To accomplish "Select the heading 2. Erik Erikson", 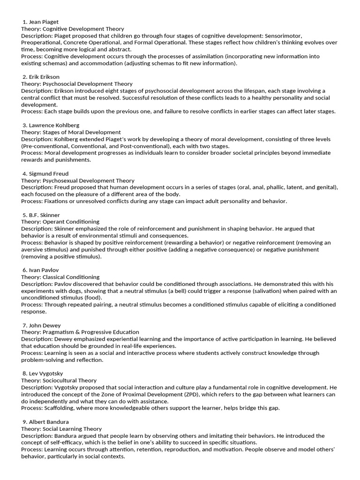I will [x=41, y=77].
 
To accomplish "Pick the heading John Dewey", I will [x=42, y=325].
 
